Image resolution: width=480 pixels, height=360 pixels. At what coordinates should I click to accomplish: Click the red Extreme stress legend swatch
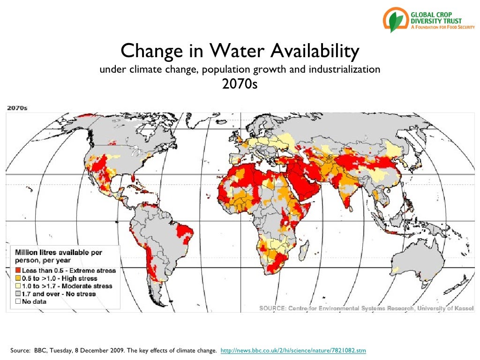click(x=18, y=270)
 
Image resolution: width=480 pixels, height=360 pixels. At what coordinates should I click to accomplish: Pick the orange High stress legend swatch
click(x=18, y=278)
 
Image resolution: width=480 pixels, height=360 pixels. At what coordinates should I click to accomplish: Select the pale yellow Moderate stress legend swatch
click(x=18, y=286)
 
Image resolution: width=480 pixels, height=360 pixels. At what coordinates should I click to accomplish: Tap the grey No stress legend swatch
click(x=18, y=294)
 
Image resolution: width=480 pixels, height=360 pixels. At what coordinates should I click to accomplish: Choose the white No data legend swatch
click(x=18, y=301)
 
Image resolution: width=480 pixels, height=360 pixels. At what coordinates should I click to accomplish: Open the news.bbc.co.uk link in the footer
click(x=293, y=350)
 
